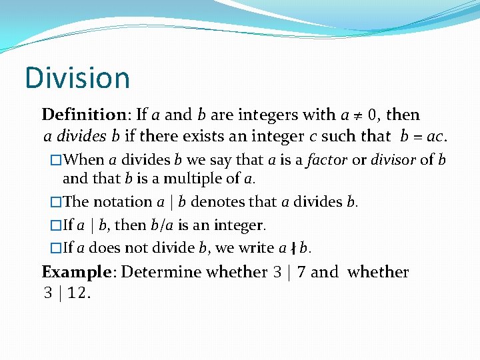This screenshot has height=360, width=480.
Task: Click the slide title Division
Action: click(77, 78)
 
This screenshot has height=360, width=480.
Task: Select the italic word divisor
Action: click(393, 160)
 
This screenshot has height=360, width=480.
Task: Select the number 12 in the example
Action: click(79, 293)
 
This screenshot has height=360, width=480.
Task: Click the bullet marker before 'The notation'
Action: click(56, 202)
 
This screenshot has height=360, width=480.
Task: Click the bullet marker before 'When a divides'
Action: click(56, 160)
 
